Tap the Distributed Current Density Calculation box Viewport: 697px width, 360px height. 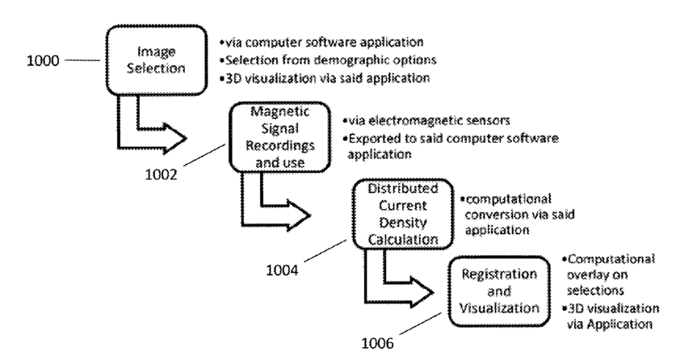tap(398, 213)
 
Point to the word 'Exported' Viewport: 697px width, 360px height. tap(373, 139)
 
